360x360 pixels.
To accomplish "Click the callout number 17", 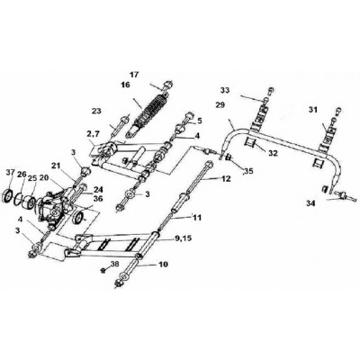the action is [x=134, y=75].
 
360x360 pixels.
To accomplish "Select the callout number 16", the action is [x=125, y=85].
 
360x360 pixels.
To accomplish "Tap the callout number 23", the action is [x=96, y=111].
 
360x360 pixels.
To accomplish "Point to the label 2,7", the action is [x=94, y=136].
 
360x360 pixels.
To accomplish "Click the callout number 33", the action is [x=225, y=90].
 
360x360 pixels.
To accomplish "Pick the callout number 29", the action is [x=220, y=105].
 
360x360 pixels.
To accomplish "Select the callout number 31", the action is [x=313, y=111].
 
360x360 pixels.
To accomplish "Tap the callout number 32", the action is [x=274, y=153].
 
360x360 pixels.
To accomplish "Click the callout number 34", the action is [x=310, y=204].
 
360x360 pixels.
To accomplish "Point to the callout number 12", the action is [x=226, y=179].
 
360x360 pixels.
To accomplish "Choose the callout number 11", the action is [x=197, y=217].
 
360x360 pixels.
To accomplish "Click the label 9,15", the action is [x=183, y=239].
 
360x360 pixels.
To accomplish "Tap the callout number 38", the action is [x=115, y=264].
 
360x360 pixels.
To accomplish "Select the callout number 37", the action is [x=11, y=172].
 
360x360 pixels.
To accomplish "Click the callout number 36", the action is [x=98, y=199].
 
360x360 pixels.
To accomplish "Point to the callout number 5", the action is [x=200, y=121].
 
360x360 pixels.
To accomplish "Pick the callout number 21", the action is [x=56, y=166].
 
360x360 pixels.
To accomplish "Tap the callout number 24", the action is [x=98, y=190].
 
